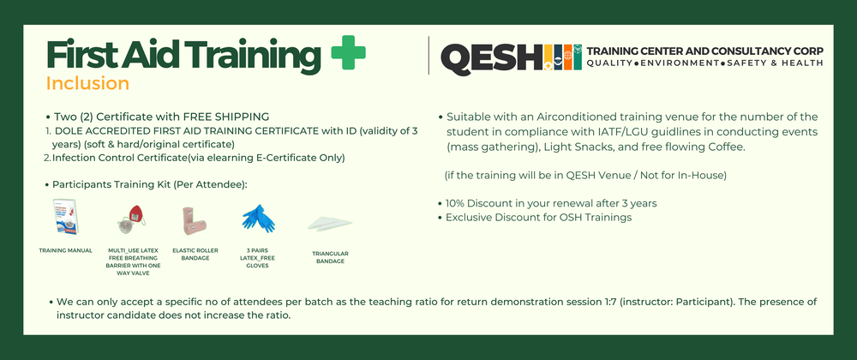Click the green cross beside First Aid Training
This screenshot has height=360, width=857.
(347, 54)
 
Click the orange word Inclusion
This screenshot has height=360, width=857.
(87, 83)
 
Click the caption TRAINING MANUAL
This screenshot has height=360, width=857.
(66, 250)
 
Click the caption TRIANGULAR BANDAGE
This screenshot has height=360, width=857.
(330, 256)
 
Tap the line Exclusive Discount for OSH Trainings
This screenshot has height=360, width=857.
(537, 218)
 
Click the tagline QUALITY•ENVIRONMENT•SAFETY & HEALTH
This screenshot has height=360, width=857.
(704, 63)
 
